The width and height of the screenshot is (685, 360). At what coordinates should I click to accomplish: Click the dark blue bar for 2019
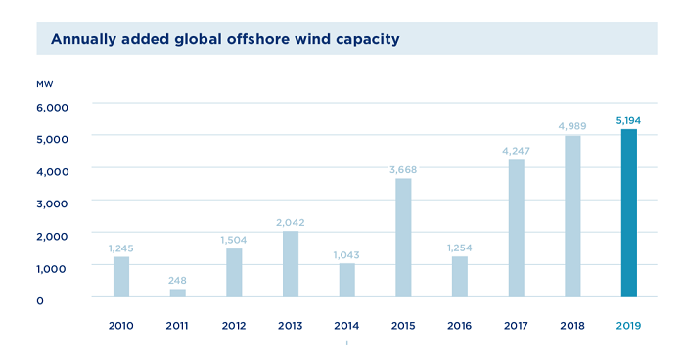coord(628,213)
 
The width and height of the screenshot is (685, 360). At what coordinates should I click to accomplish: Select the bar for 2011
coord(177,292)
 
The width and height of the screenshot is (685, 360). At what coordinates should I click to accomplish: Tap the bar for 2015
coord(403,238)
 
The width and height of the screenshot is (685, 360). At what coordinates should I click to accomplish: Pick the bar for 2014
coord(346,280)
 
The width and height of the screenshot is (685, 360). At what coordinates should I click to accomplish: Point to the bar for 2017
coord(516,228)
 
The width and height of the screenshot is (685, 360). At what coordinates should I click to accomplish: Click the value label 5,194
coord(628,120)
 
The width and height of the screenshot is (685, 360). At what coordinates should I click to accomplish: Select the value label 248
coord(177,280)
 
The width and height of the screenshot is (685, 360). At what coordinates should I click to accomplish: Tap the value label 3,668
coord(403,169)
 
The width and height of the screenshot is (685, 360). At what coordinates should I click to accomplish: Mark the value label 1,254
coord(460,247)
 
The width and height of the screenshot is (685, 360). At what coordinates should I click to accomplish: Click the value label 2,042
coord(291,222)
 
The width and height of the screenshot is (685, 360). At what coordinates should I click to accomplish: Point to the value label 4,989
coord(572,126)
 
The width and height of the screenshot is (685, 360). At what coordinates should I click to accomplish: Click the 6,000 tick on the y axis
coord(53,107)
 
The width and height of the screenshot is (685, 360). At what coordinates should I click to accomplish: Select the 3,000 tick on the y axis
coord(53,203)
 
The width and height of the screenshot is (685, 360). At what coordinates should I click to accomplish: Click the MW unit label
coord(44,84)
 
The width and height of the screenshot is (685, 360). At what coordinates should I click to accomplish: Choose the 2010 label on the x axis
coord(121,325)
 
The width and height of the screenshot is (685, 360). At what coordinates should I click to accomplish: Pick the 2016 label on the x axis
coord(460,325)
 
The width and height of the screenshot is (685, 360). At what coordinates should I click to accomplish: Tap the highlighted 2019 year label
coord(628,325)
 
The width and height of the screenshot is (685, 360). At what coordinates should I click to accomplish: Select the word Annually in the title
coord(86,39)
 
